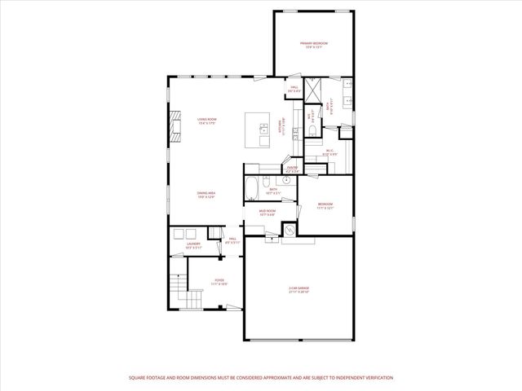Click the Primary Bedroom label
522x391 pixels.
coord(313,44)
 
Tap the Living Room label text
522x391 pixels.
coord(206,121)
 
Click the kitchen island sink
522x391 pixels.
coord(264,129)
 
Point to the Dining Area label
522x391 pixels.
coord(206,195)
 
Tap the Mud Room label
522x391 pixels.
coord(268,212)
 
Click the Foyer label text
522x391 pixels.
coord(219,281)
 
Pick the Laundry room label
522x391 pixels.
coord(193,245)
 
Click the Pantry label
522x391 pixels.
coord(291,171)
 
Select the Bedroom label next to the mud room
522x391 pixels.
coord(325,205)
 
